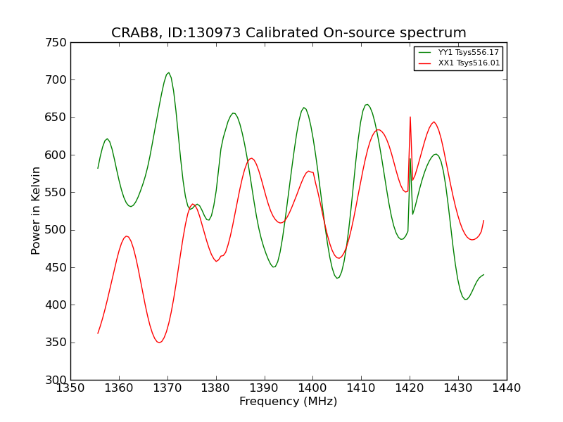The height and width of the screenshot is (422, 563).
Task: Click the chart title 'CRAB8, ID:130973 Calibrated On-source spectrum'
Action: point(289,33)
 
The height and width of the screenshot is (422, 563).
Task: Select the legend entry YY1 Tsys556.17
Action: point(469,53)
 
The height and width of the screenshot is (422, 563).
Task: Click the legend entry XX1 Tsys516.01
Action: point(469,63)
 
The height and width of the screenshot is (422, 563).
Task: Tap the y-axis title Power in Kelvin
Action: point(36,210)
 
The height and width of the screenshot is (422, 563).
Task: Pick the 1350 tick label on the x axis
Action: point(70,388)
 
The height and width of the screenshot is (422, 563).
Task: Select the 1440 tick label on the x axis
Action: point(507,388)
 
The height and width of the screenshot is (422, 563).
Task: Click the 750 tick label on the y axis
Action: point(58,42)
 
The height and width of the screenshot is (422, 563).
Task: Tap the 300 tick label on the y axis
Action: point(58,380)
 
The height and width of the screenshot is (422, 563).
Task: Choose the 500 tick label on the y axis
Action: point(58,230)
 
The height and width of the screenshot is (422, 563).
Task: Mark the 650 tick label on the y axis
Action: point(58,117)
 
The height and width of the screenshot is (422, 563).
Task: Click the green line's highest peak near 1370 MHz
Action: point(168,72)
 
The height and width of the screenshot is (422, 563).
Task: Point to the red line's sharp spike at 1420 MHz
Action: point(410,117)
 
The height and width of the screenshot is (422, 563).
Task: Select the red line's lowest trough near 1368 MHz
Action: point(160,343)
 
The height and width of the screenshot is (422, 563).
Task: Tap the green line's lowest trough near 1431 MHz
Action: point(465,300)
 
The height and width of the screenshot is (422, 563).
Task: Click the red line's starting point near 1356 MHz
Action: point(98,333)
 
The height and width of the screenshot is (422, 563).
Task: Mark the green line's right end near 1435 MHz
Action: point(483,274)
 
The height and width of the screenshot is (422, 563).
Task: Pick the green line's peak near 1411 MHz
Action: point(367,104)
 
